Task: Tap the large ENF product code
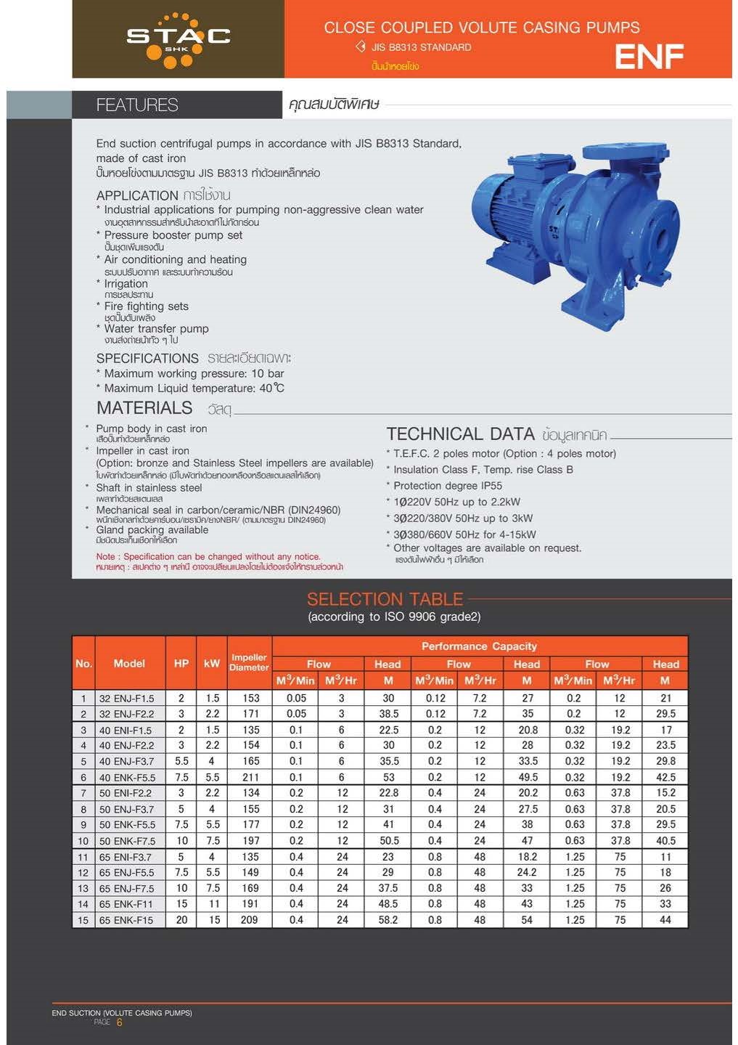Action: tap(649, 57)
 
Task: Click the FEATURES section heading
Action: tap(137, 105)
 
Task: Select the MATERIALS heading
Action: tap(144, 408)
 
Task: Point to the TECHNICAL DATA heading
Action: tap(460, 434)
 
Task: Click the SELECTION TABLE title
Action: tap(385, 599)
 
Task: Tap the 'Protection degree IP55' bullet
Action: tap(448, 486)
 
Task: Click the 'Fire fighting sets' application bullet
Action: tap(146, 306)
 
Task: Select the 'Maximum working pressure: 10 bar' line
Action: tap(194, 373)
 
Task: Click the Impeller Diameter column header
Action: tap(249, 662)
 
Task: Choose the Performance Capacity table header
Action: tap(479, 646)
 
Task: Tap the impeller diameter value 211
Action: tap(250, 777)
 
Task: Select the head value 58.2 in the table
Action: tap(388, 920)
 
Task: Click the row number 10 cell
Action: tap(83, 841)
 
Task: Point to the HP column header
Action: tap(181, 663)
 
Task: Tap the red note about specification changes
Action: tap(208, 557)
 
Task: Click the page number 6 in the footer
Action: tap(120, 1022)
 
